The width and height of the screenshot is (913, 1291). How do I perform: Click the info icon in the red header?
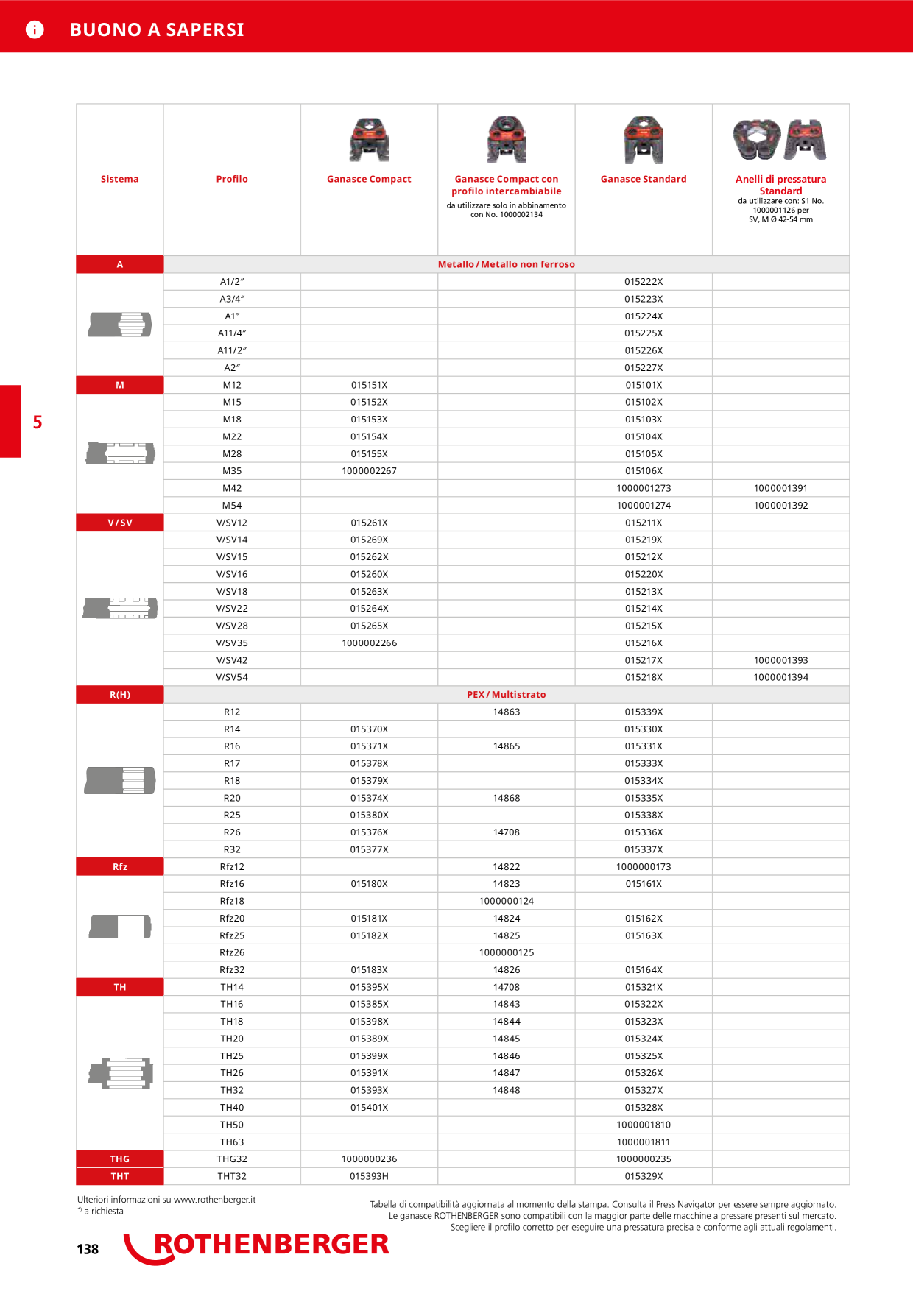click(x=35, y=29)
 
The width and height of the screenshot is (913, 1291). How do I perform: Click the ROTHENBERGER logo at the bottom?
click(x=256, y=1247)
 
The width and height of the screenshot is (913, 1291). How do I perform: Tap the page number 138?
click(x=88, y=1249)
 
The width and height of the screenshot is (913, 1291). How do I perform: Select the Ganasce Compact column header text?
click(x=369, y=179)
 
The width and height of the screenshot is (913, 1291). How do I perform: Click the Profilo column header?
click(x=232, y=179)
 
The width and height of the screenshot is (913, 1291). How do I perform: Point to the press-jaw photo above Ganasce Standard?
click(x=644, y=139)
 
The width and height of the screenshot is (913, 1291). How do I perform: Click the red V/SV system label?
click(x=120, y=523)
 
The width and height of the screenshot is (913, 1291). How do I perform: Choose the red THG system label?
click(x=120, y=1159)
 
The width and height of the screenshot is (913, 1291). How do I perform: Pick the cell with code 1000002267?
click(x=369, y=471)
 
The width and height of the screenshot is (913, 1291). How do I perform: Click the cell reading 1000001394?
click(x=780, y=677)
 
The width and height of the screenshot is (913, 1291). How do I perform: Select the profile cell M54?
click(x=232, y=506)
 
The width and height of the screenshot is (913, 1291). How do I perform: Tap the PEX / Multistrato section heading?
click(x=507, y=695)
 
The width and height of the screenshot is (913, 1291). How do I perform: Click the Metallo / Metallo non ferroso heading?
click(x=507, y=264)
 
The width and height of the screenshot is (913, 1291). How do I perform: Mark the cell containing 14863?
click(x=507, y=712)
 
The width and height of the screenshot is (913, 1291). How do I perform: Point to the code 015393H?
click(x=369, y=1176)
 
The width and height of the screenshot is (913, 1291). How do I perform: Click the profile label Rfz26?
click(x=232, y=952)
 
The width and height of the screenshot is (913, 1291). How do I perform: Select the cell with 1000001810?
click(x=644, y=1125)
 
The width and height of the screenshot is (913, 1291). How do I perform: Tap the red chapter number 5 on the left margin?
click(x=38, y=422)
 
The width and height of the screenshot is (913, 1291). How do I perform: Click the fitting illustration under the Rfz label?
click(x=120, y=927)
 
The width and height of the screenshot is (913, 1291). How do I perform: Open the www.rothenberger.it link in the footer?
click(x=214, y=1200)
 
